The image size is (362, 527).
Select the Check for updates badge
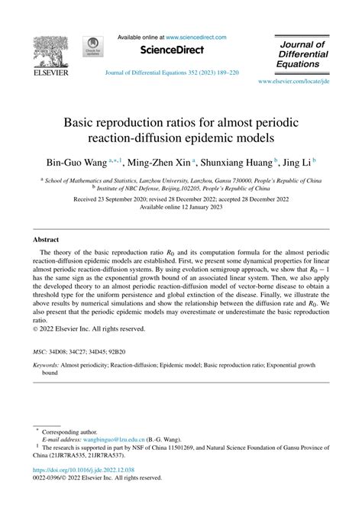pos(95,47)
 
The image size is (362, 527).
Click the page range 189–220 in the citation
pos(226,73)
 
